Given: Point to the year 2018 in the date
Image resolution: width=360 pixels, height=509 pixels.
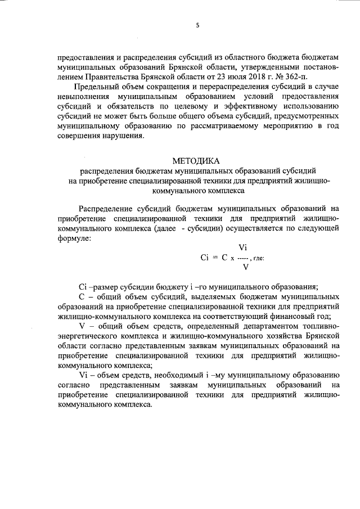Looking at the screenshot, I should (x=255, y=77).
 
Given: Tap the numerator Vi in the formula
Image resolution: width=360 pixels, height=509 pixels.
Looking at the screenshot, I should (x=243, y=247).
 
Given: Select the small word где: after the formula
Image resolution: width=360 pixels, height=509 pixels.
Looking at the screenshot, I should (x=259, y=258).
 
